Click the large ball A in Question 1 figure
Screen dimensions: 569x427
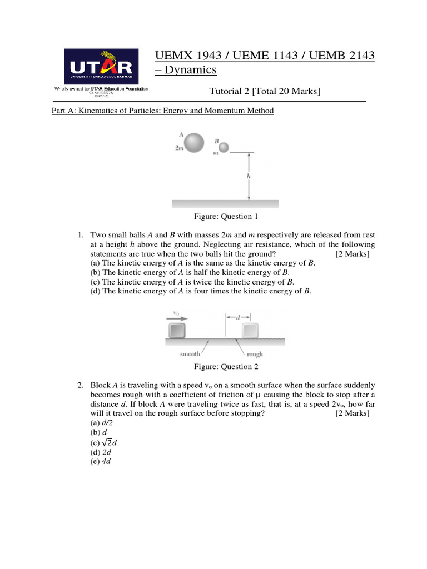point(194,143)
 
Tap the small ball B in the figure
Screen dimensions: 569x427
point(224,147)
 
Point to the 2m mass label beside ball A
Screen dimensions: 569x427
point(178,148)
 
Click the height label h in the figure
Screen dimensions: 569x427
point(249,176)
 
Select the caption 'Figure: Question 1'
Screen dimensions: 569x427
point(225,216)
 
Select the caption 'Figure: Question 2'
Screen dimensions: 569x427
point(225,366)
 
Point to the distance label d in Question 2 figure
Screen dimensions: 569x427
point(237,318)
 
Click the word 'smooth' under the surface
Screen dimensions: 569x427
point(190,353)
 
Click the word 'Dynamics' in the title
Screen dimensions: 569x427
point(189,71)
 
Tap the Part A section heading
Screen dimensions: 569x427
point(162,111)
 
